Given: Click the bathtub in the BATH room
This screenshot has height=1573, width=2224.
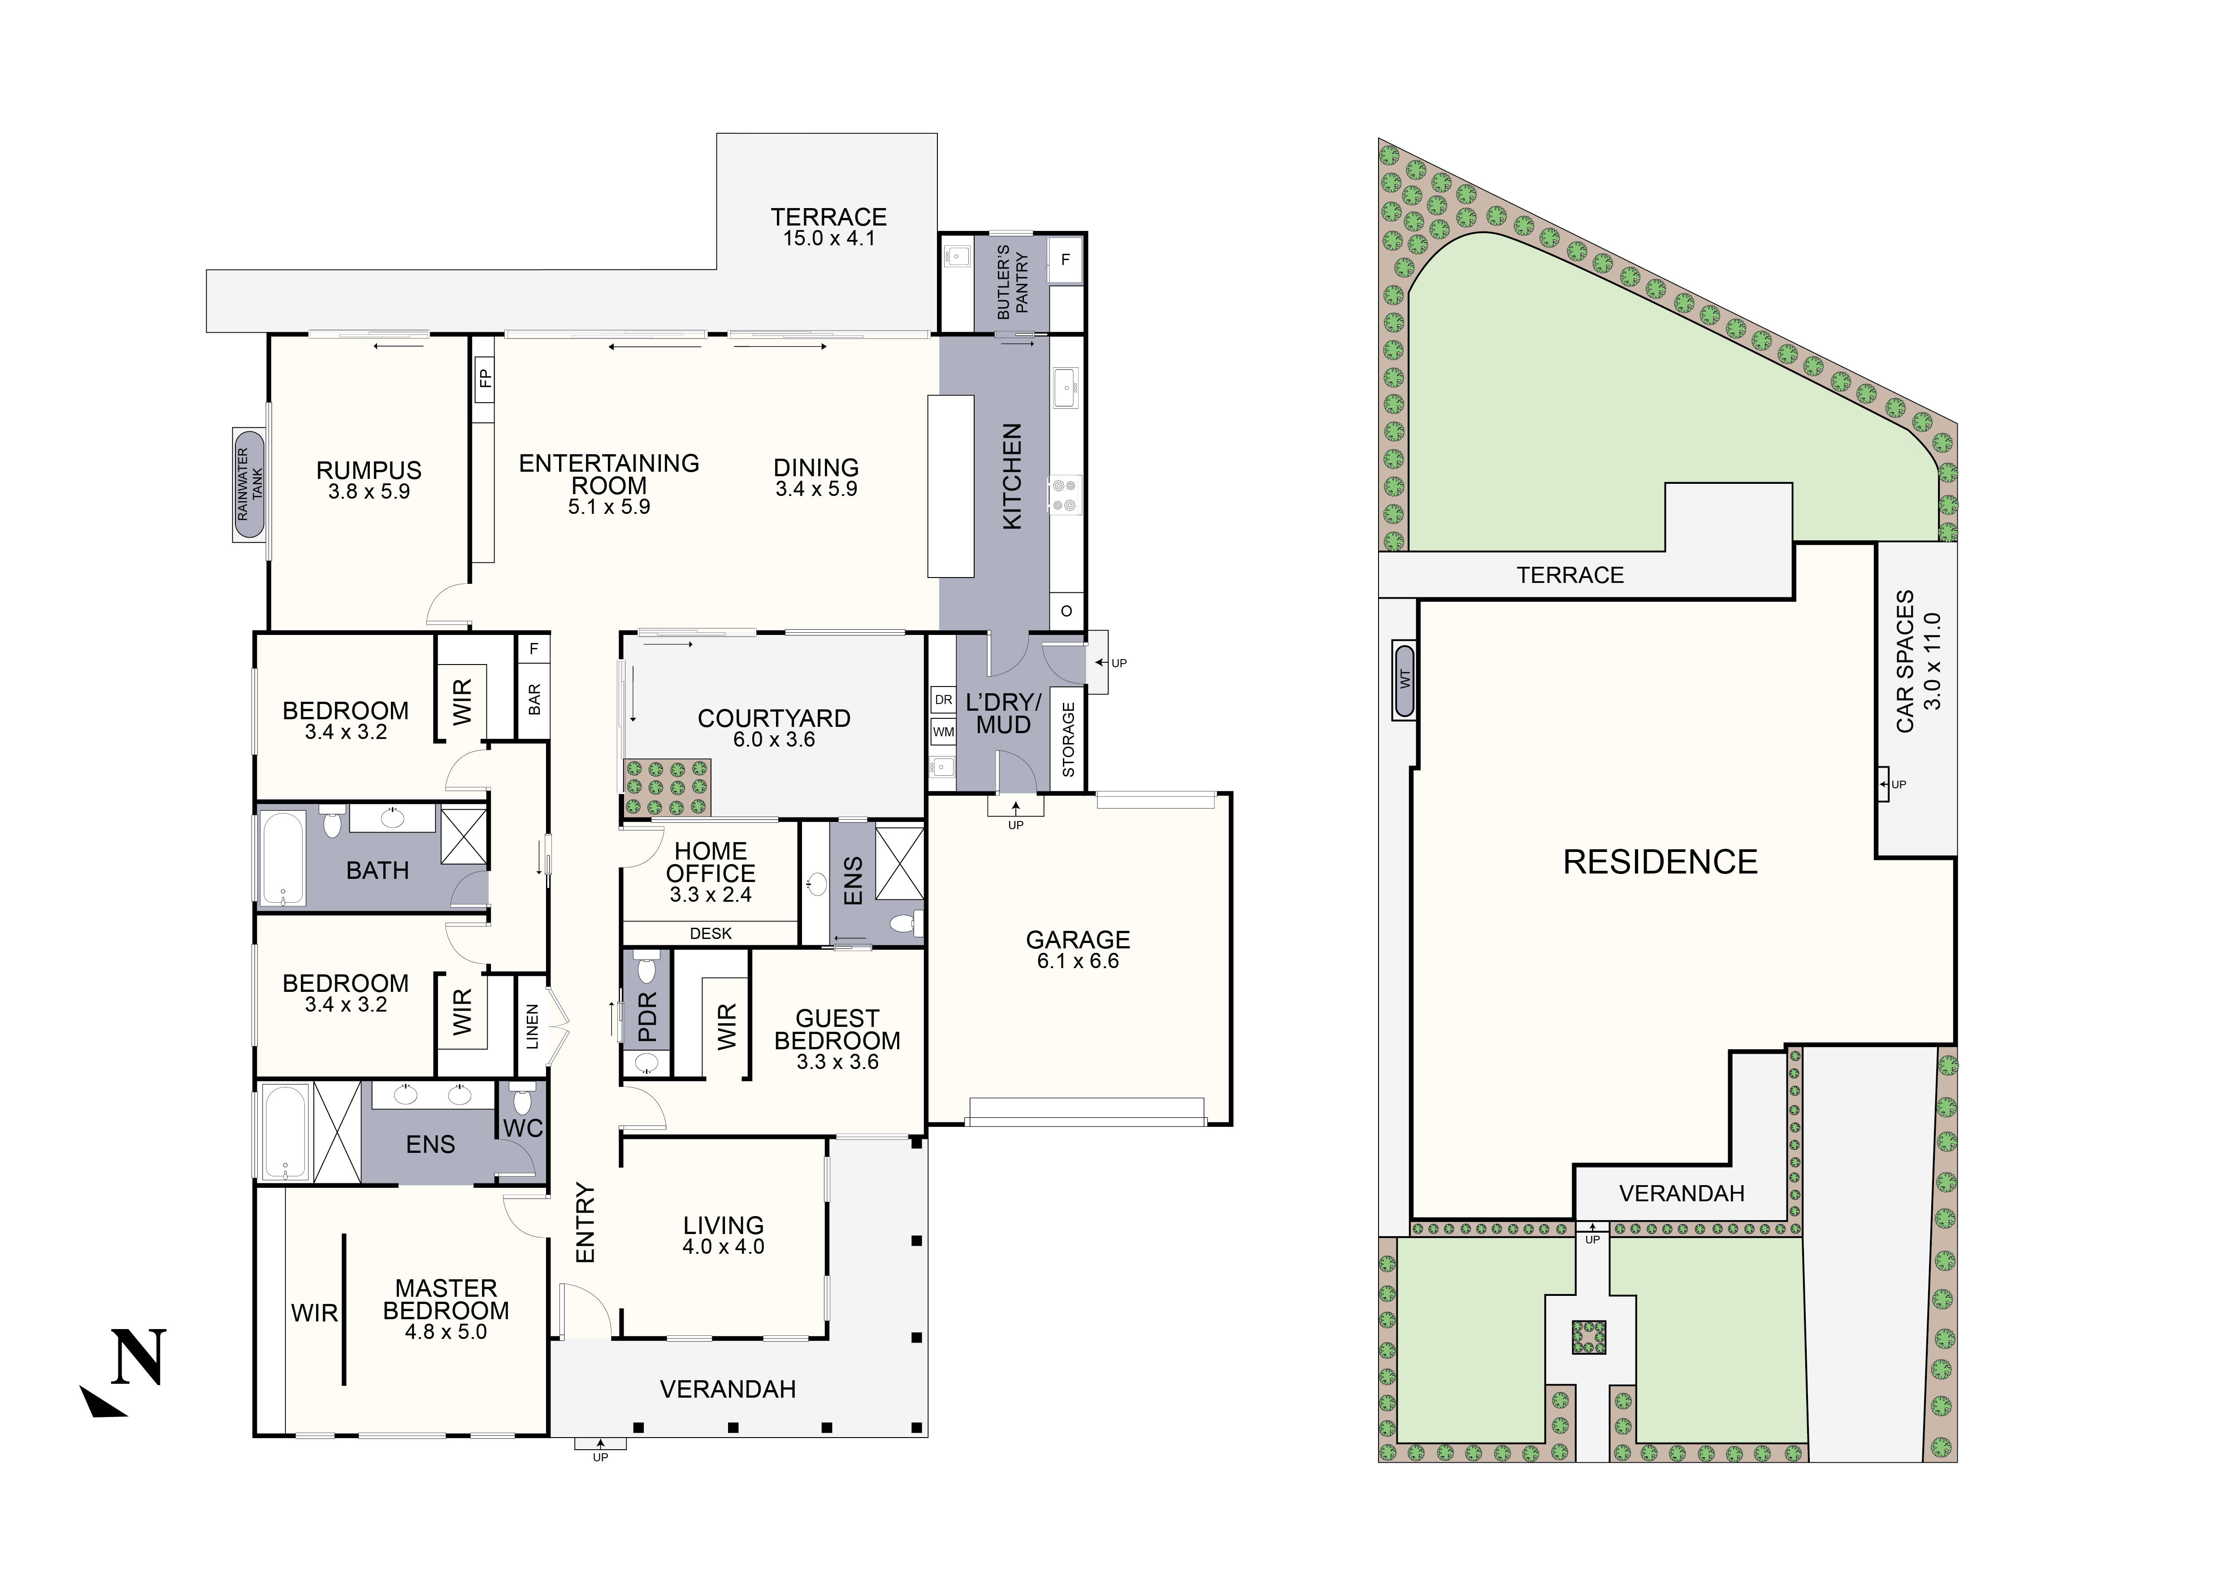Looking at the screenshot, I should click(x=282, y=858).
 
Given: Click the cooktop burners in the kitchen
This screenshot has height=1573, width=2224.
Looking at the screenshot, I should click(x=1065, y=495).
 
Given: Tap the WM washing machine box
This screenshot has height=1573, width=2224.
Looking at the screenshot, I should click(x=942, y=732).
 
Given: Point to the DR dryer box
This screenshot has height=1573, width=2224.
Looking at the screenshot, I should click(x=942, y=700).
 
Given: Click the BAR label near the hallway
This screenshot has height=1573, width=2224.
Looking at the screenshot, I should click(x=534, y=700).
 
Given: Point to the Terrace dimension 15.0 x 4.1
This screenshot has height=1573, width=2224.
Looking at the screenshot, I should click(x=828, y=238).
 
